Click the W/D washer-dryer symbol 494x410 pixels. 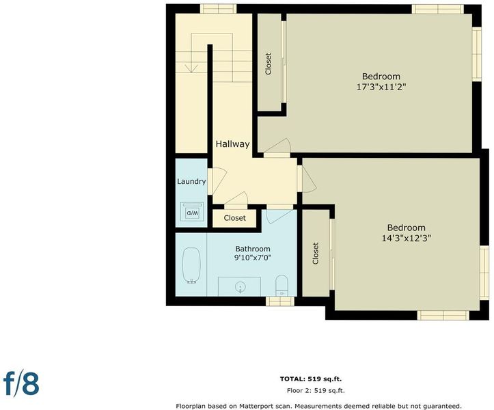192,211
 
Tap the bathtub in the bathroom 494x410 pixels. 191,265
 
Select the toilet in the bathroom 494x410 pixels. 282,286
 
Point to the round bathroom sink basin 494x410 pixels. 240,287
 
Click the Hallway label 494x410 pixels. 232,144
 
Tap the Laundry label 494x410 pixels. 191,182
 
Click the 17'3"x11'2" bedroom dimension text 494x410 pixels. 381,87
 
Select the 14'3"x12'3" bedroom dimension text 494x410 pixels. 407,238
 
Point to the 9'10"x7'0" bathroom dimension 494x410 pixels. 253,258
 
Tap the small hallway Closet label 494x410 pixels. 235,218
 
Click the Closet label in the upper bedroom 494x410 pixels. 269,64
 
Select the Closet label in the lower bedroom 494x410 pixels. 316,253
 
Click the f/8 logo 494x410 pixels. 21,384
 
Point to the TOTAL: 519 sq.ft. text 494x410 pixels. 311,379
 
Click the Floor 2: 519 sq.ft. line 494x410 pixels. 316,391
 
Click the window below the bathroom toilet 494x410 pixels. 279,301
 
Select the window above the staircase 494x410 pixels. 219,8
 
